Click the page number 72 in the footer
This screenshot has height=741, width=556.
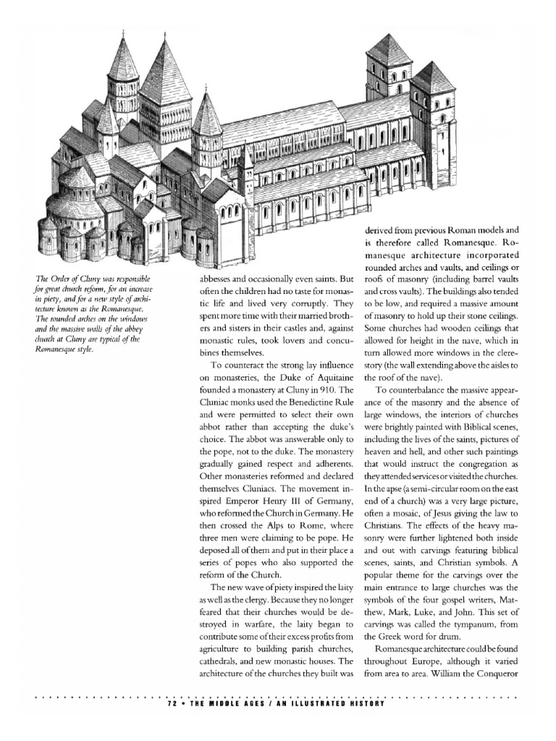172,703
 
